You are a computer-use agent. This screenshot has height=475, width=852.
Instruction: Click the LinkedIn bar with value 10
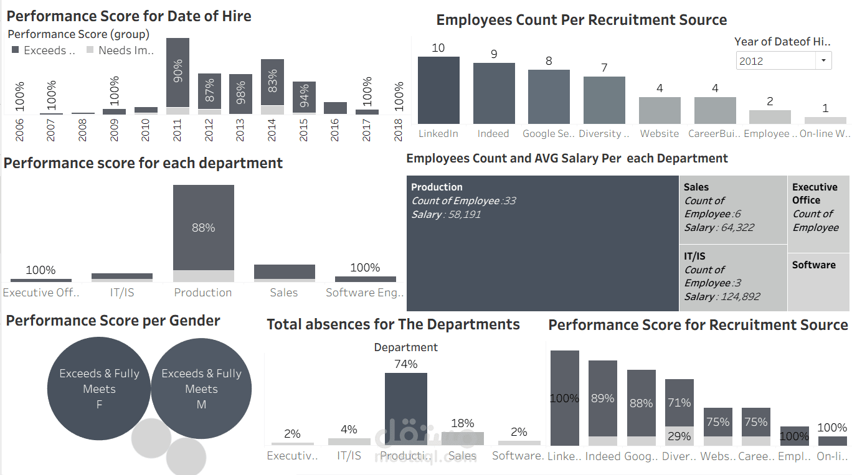click(x=438, y=90)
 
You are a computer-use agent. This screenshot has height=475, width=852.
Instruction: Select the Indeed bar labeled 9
click(x=494, y=93)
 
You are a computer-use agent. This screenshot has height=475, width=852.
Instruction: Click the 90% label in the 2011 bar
click(x=178, y=72)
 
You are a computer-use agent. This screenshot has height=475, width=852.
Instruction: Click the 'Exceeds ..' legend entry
click(x=44, y=50)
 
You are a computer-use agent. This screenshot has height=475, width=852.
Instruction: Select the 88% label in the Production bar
click(x=203, y=228)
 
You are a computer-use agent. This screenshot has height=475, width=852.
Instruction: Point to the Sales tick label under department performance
click(x=283, y=293)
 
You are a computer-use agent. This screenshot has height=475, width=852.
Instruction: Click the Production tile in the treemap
click(x=542, y=243)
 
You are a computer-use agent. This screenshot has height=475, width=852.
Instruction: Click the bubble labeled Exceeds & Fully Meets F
click(x=99, y=388)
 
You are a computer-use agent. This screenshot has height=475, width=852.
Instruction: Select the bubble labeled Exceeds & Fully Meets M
click(x=201, y=388)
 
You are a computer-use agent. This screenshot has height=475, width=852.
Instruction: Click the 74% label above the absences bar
click(x=406, y=364)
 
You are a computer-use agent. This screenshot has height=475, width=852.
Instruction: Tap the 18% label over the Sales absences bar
click(x=462, y=423)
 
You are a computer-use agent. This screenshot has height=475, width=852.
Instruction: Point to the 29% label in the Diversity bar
click(x=679, y=436)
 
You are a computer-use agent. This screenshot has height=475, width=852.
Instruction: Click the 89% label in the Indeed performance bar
click(x=602, y=398)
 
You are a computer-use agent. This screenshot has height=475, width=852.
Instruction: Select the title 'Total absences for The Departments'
click(x=393, y=324)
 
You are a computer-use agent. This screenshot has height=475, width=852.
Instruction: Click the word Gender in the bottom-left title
click(x=194, y=321)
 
